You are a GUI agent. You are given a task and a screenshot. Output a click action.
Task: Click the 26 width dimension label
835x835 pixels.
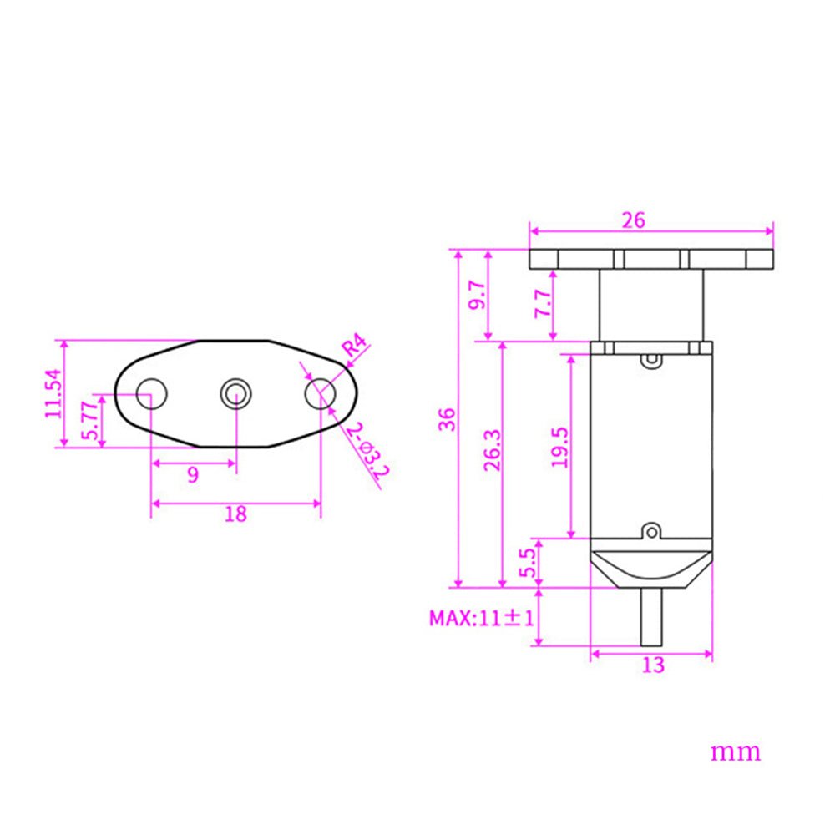(x=633, y=220)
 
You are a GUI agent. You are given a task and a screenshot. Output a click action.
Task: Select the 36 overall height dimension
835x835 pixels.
(x=448, y=418)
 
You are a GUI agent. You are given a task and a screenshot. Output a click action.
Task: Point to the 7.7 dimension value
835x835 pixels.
(x=542, y=302)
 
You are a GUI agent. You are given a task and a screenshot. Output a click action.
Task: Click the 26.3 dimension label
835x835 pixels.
(x=492, y=451)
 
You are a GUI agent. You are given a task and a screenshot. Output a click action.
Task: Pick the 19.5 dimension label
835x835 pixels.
(x=559, y=446)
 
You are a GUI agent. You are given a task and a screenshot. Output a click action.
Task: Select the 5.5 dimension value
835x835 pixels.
(x=527, y=564)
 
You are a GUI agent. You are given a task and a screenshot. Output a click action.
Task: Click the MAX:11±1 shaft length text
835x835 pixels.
(x=482, y=619)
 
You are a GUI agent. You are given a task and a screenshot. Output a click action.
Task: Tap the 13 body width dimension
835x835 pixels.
(x=654, y=665)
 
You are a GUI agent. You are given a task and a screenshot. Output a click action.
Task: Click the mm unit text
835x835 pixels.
(x=736, y=751)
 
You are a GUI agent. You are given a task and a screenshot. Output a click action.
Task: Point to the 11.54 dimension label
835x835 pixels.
(x=53, y=393)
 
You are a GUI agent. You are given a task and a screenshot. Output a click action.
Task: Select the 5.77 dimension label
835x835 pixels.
(x=89, y=421)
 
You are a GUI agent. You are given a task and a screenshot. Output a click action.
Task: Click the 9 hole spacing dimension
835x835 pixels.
(x=193, y=475)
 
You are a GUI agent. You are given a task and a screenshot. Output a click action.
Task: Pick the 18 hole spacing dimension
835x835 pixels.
(x=236, y=514)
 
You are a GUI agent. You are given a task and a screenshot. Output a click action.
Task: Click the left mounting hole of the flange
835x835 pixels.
(x=151, y=393)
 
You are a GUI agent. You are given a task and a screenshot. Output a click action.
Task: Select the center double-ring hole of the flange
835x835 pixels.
(x=235, y=392)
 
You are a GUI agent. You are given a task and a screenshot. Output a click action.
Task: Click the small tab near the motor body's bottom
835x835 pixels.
(x=650, y=530)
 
